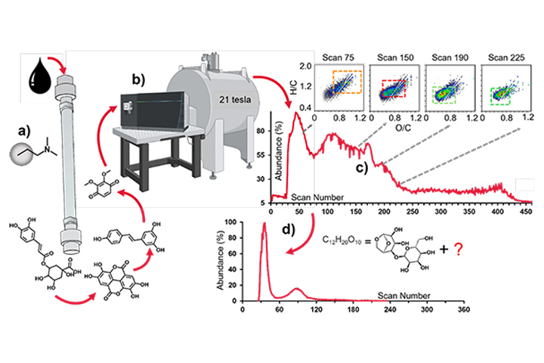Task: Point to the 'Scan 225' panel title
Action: (502, 55)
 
